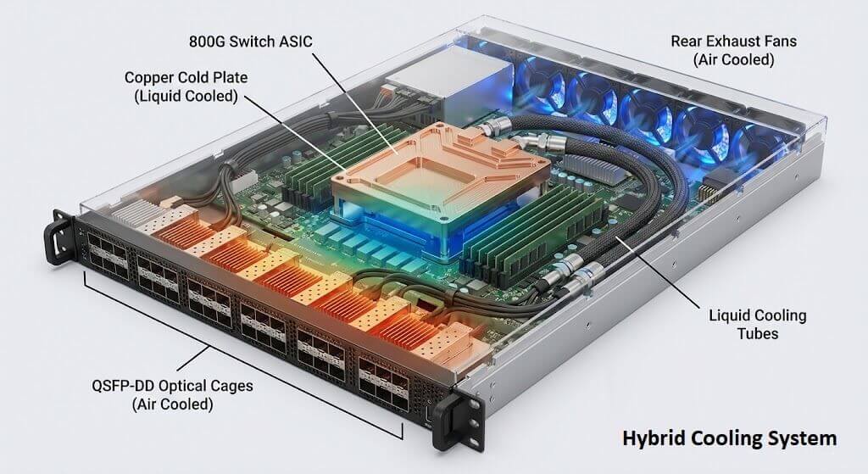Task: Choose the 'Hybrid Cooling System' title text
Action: click(x=729, y=438)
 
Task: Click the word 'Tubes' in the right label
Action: click(x=757, y=334)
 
